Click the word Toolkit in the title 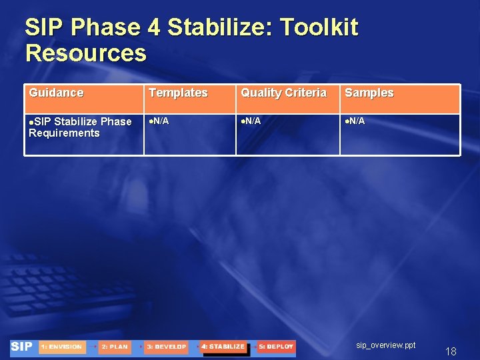tap(319, 28)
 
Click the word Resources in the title tap(85, 53)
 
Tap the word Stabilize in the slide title tap(220, 28)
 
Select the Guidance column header tap(56, 93)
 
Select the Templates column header tap(178, 93)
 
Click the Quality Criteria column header tap(283, 93)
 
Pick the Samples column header tap(369, 93)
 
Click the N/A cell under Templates tap(158, 121)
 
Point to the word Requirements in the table tap(64, 133)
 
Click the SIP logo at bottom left tap(22, 347)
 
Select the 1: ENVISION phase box tap(62, 347)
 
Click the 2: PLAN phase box tap(115, 347)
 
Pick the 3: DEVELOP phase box tap(166, 347)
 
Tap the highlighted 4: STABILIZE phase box tap(223, 347)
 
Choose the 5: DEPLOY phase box tap(276, 347)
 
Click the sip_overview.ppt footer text tap(385, 345)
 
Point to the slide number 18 tap(451, 352)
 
